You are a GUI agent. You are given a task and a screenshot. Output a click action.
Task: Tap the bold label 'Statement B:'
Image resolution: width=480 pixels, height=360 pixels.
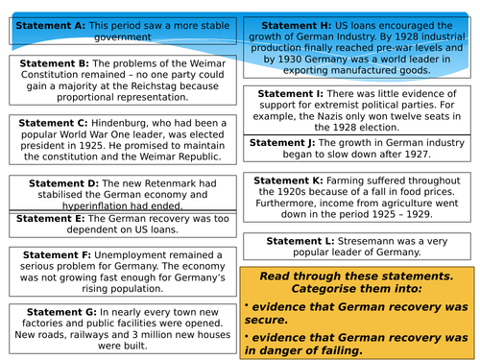pos(54,61)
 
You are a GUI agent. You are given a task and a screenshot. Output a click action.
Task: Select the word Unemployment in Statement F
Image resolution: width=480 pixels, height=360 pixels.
pos(140,255)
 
